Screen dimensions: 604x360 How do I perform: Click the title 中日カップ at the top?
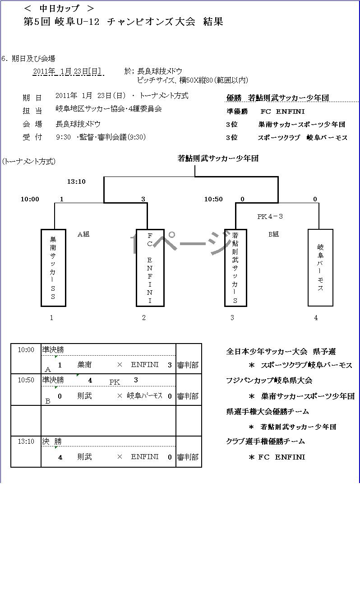(59, 8)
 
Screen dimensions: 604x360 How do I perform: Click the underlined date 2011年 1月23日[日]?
(67, 71)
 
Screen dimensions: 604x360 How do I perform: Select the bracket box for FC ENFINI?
(150, 268)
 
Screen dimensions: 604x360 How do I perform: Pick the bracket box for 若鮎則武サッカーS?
(235, 268)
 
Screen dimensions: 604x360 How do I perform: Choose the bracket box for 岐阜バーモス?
(320, 268)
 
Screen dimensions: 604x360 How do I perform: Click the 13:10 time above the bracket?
(76, 182)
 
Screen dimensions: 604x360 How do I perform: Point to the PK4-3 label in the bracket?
(270, 217)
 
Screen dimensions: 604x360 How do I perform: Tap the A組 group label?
(83, 234)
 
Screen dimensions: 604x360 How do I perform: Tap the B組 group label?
(273, 234)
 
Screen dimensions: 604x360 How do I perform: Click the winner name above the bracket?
(218, 158)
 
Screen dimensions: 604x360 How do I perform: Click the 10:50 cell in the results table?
(26, 380)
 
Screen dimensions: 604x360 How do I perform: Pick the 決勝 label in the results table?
(52, 442)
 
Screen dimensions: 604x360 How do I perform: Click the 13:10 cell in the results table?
(26, 441)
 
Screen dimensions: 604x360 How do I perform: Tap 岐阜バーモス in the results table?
(144, 396)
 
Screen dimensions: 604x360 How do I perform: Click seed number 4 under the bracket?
(316, 318)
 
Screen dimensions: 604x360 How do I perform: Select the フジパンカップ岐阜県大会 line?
(269, 381)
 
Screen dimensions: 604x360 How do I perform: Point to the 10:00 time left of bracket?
(30, 199)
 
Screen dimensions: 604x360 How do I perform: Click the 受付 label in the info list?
(32, 137)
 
